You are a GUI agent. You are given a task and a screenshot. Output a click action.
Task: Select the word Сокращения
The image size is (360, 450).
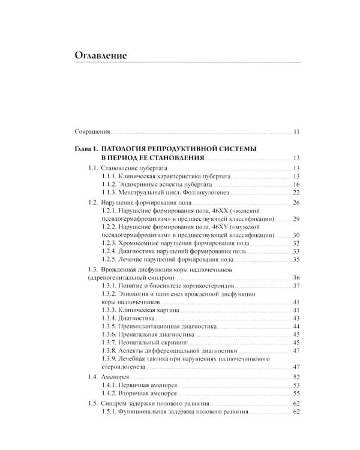(x=92, y=131)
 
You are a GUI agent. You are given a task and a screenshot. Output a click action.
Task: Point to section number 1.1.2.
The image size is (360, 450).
(x=110, y=184)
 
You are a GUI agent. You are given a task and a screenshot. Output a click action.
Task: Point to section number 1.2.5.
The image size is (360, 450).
(x=110, y=260)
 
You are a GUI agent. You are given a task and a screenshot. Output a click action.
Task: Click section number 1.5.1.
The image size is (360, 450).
(x=110, y=414)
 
